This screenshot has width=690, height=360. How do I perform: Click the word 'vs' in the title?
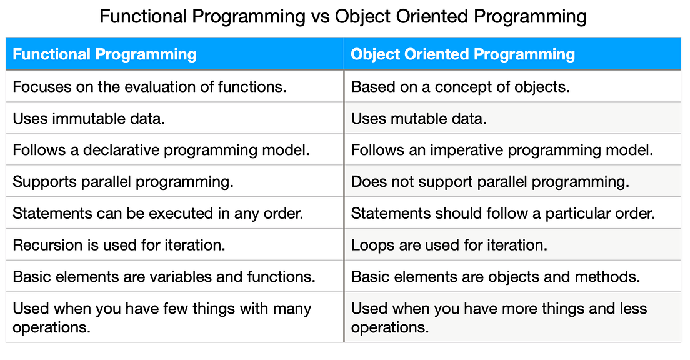(320, 17)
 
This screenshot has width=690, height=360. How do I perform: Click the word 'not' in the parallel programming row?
(403, 182)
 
